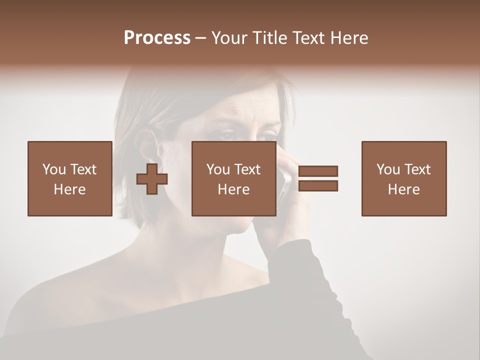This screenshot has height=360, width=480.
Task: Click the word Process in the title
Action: pyautogui.click(x=157, y=38)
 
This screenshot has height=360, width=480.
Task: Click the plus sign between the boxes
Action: pyautogui.click(x=152, y=179)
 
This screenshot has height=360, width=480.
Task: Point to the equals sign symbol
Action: pyautogui.click(x=318, y=178)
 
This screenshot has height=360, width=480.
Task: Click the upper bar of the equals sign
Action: pyautogui.click(x=318, y=171)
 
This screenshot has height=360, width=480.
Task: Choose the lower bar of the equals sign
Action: pyautogui.click(x=318, y=186)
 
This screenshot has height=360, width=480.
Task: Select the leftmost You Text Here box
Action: pyautogui.click(x=69, y=178)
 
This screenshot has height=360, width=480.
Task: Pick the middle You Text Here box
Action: pyautogui.click(x=233, y=178)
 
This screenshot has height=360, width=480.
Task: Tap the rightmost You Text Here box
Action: pyautogui.click(x=403, y=178)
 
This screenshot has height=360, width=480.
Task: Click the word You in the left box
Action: pyautogui.click(x=54, y=169)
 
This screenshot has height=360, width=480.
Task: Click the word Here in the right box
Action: pyautogui.click(x=403, y=189)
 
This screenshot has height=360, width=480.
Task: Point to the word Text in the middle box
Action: pyautogui.click(x=247, y=169)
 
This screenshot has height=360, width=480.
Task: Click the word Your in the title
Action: pyautogui.click(x=228, y=38)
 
